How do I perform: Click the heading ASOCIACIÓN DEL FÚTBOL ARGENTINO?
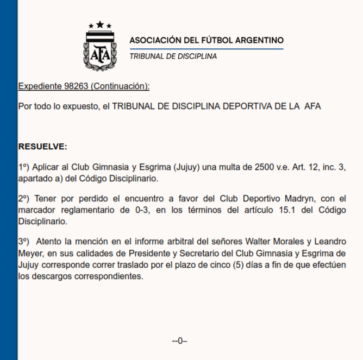pyautogui.click(x=206, y=41)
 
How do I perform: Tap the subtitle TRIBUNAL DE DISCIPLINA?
pyautogui.click(x=173, y=56)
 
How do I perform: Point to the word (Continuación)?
pyautogui.click(x=120, y=86)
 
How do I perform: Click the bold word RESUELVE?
pyautogui.click(x=42, y=147)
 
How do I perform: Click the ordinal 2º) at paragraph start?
pyautogui.click(x=25, y=199)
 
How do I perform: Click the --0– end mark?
pyautogui.click(x=179, y=341)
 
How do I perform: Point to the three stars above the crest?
pyautogui.click(x=100, y=25)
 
